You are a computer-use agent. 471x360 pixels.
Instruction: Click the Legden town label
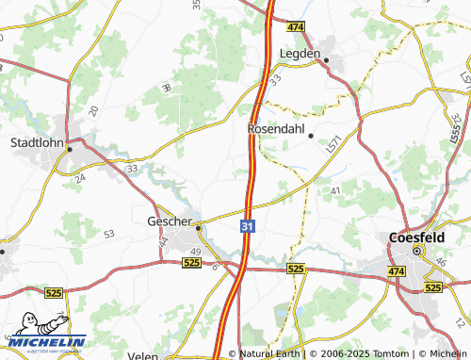coord(300,55)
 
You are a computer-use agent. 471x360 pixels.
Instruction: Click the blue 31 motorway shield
coord(246,227)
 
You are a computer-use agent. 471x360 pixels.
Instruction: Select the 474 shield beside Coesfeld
coord(395,271)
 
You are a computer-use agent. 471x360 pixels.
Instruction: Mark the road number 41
coord(335,191)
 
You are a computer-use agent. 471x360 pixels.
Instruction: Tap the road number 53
coord(109,233)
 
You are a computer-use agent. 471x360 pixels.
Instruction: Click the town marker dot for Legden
coord(327,61)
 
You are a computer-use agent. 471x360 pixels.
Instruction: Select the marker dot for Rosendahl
coord(311,136)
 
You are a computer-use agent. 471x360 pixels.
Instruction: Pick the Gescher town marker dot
coord(198,227)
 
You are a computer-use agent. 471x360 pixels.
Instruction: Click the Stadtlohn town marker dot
coord(69,149)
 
